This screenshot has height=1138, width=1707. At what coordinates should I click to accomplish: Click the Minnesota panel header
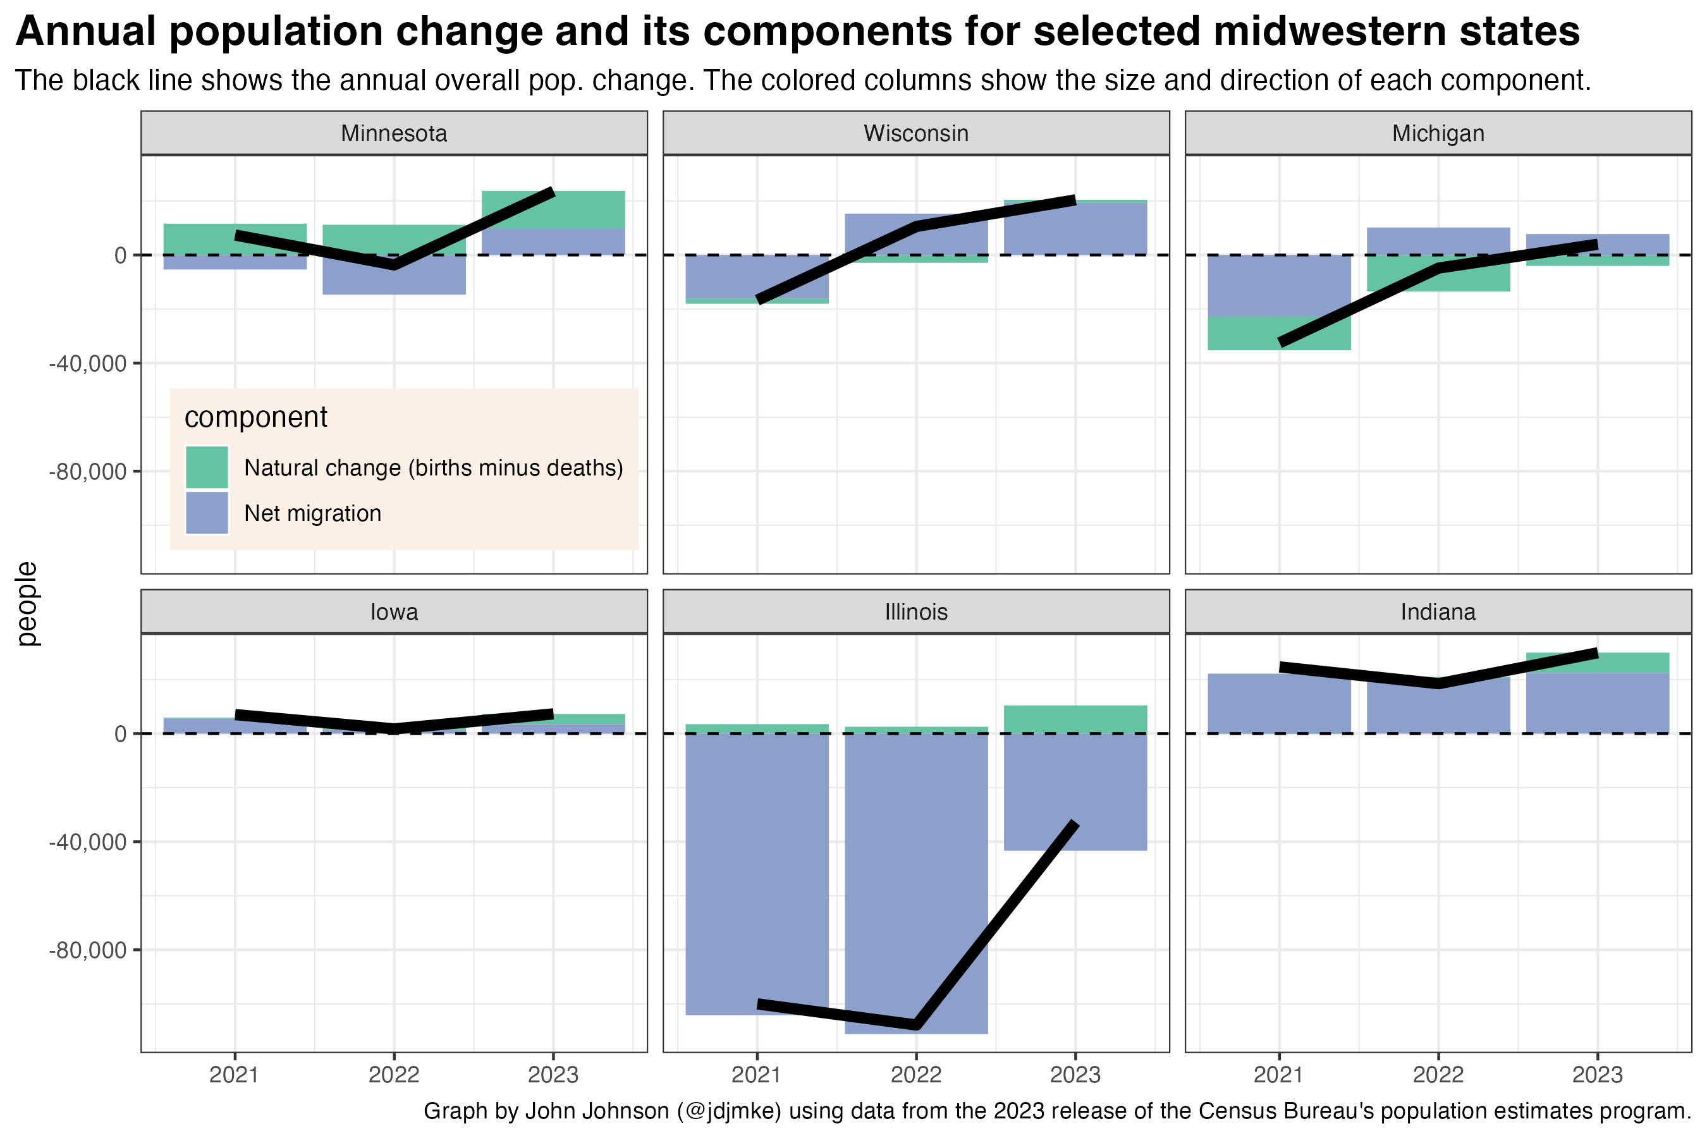[394, 133]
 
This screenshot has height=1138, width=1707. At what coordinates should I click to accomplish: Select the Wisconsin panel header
[916, 133]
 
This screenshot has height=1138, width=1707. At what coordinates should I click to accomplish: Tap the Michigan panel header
[1438, 133]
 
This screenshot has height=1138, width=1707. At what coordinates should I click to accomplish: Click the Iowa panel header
[394, 612]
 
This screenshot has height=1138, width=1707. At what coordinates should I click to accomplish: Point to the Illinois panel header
[916, 612]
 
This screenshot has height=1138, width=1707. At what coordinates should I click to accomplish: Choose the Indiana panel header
[1438, 612]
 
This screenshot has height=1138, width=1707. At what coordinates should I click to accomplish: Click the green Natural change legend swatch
[207, 467]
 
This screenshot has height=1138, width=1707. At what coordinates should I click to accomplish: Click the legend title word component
[256, 417]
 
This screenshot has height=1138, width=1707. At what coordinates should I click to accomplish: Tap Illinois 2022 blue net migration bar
[916, 871]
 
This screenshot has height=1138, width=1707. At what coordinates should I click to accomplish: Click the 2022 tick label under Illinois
[916, 1075]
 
